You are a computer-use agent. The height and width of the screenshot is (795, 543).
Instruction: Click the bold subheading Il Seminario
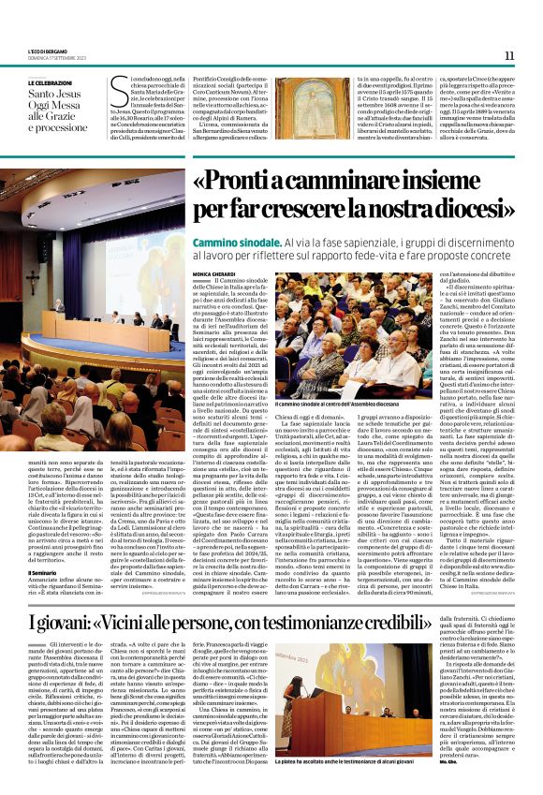click(x=43, y=545)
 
